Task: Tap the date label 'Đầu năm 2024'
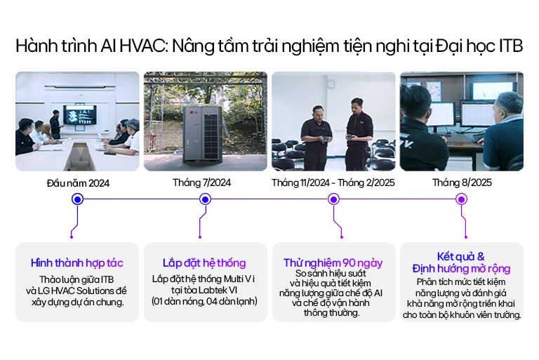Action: [x=78, y=183]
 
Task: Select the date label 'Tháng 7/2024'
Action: [x=205, y=182]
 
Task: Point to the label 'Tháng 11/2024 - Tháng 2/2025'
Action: [x=333, y=182]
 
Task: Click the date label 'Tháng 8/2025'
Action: [x=461, y=182]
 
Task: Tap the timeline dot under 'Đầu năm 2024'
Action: [x=78, y=199]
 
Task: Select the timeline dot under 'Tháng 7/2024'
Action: [x=205, y=199]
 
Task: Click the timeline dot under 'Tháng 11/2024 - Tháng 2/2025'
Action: [x=333, y=199]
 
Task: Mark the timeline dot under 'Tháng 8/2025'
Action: [x=461, y=199]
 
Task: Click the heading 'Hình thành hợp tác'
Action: [x=77, y=263]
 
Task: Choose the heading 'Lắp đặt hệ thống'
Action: [x=205, y=263]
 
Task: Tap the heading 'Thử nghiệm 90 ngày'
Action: [x=333, y=262]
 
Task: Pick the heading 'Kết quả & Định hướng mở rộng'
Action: [x=461, y=262]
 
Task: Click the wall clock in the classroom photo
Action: [x=330, y=84]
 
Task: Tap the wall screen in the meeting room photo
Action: [x=79, y=112]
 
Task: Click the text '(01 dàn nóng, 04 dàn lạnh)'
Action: [x=205, y=302]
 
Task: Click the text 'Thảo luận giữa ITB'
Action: [x=77, y=279]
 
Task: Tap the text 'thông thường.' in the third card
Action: [x=333, y=312]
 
